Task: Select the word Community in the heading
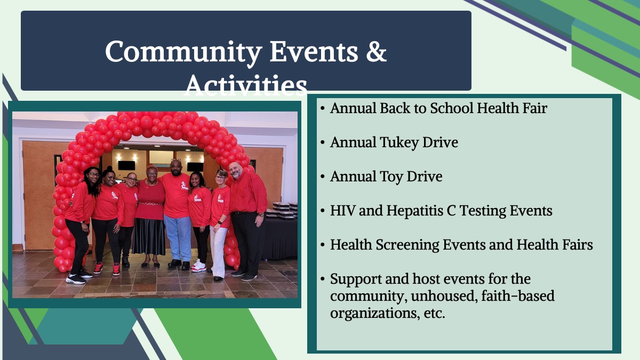[x=183, y=53]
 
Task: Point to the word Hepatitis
[x=414, y=211]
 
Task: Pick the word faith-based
[x=518, y=295]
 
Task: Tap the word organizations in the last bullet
[x=375, y=313]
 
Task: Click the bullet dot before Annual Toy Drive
[x=323, y=177]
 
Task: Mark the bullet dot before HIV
[x=323, y=211]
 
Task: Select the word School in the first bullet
[x=452, y=108]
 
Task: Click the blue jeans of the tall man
[x=178, y=238]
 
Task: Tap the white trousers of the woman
[x=218, y=251]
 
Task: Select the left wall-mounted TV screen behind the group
[x=126, y=165]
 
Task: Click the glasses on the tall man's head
[x=175, y=160]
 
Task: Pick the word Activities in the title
[x=246, y=85]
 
